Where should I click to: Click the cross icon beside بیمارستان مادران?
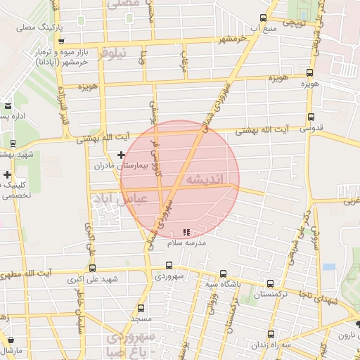pos(122,154)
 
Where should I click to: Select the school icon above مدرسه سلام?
pos(186,232)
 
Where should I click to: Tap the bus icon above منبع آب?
pos(263,18)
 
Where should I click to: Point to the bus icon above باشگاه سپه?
pos(223,274)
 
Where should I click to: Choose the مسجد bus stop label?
pos(141,319)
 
